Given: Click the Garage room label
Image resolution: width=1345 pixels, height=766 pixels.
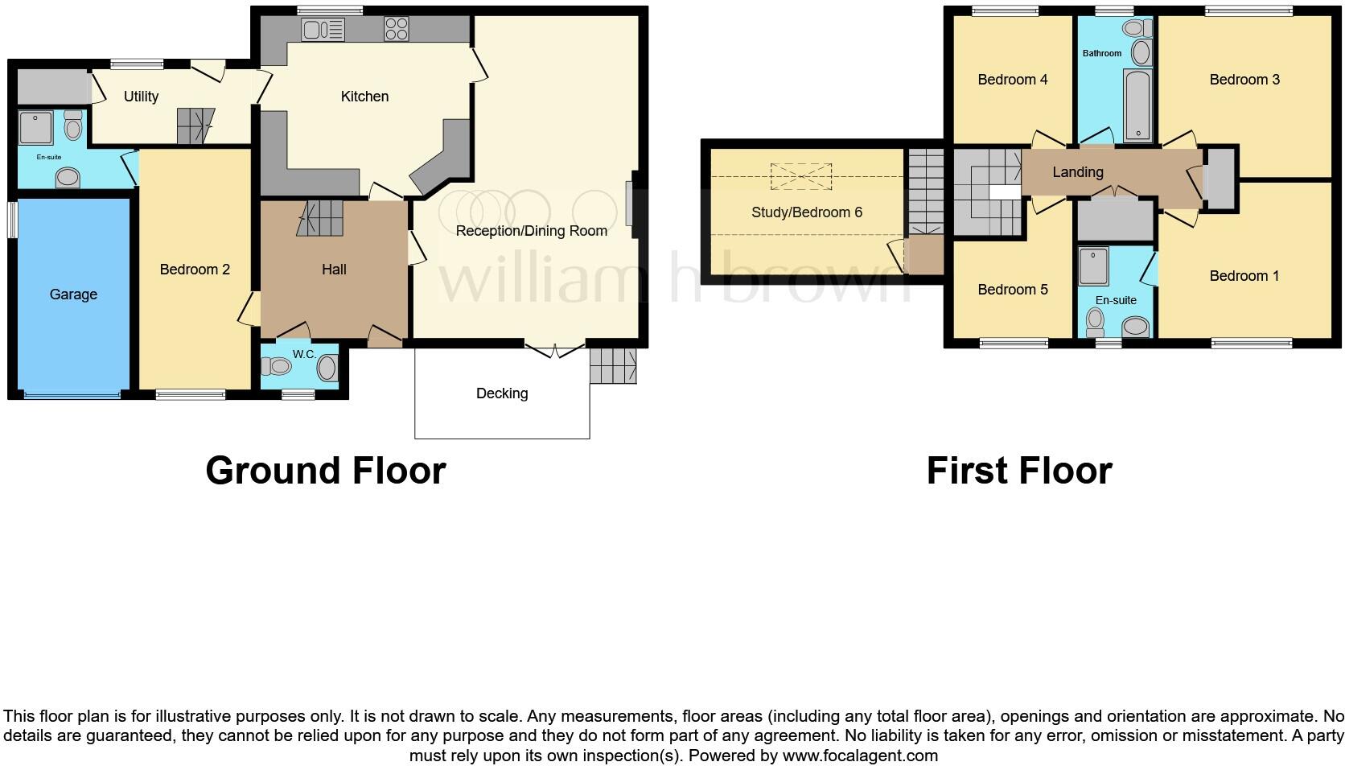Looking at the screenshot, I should coord(73,294).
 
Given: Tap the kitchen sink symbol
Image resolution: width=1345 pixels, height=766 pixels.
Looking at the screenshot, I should coord(323,30).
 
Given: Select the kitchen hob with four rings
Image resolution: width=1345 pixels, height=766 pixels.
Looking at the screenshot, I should coord(396,29).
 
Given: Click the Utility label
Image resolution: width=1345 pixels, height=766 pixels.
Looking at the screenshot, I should coord(141,97).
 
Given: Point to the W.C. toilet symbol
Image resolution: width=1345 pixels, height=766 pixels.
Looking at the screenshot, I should coord(276,367).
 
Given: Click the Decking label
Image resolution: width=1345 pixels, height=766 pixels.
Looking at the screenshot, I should coord(502,393).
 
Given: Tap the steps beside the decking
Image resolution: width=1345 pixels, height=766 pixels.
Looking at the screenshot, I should coord(613,365).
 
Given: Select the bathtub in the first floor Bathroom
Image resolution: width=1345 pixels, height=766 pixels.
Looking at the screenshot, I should coord(1137,105).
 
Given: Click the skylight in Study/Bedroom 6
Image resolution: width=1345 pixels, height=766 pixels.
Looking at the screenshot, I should coord(800,176).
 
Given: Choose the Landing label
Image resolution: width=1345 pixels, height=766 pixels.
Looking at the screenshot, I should coord(1077,172).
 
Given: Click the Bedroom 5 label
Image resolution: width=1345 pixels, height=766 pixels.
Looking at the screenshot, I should coord(1012,290).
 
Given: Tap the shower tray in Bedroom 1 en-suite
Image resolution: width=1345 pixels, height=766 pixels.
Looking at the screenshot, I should coord(1093,266).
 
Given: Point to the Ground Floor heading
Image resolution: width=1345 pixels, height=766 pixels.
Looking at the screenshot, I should coord(325,471).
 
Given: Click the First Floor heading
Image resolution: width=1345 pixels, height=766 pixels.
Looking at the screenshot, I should coord(1018,471).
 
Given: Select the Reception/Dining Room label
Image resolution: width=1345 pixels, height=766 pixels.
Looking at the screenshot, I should coord(531,231).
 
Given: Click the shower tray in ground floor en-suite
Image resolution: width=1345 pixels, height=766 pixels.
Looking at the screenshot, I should coord(36,128).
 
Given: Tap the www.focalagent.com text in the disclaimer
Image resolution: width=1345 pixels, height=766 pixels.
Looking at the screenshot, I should coord(860,756).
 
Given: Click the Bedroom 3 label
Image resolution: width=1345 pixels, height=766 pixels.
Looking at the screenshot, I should coord(1244,80).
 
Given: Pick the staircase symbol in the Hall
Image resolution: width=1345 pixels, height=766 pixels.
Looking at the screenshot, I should coord(320,218).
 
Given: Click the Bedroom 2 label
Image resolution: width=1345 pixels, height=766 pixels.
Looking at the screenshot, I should coord(195,270).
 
